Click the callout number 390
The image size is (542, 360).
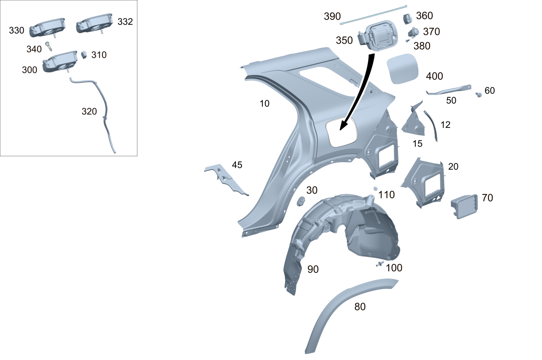coord(332,16)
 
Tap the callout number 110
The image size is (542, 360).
coord(386,195)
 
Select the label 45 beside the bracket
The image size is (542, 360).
coord(237,165)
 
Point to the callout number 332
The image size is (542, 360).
coord(125,22)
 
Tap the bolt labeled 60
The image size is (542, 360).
coord(478,94)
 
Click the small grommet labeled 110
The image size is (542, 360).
coord(375,188)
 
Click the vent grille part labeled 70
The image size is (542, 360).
coord(464,206)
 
